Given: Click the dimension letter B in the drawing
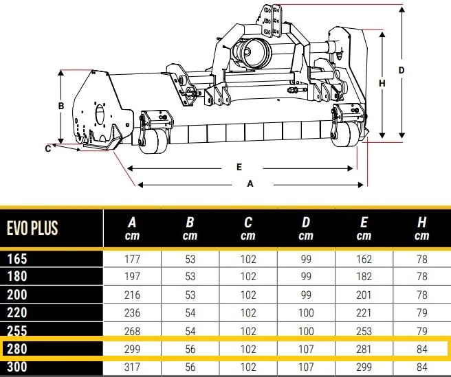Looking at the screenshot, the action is (61, 106).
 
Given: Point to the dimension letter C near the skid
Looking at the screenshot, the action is (48, 148).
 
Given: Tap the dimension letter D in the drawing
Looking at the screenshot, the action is (401, 70).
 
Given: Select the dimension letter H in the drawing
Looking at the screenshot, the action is (382, 83).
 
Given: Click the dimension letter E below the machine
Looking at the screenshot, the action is (239, 167).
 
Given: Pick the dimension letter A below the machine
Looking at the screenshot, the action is (250, 183).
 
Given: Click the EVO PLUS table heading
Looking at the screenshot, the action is (32, 228).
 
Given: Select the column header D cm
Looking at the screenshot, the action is (306, 229).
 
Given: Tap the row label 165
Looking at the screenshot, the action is (17, 259).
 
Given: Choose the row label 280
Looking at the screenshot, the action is (17, 349).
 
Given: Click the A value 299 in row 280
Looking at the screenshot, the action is (132, 349).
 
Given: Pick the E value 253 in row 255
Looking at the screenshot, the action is (364, 331).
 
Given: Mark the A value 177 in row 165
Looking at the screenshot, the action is (132, 259).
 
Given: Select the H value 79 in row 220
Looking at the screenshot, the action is (422, 312).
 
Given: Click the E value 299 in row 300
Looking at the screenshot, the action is (364, 367).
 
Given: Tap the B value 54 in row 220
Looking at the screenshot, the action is (190, 312).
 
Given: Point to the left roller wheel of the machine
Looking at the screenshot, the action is (153, 141).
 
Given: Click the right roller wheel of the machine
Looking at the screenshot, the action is (345, 135).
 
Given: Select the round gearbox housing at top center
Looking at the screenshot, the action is (252, 53).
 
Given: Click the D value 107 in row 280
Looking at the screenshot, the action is (306, 349).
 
